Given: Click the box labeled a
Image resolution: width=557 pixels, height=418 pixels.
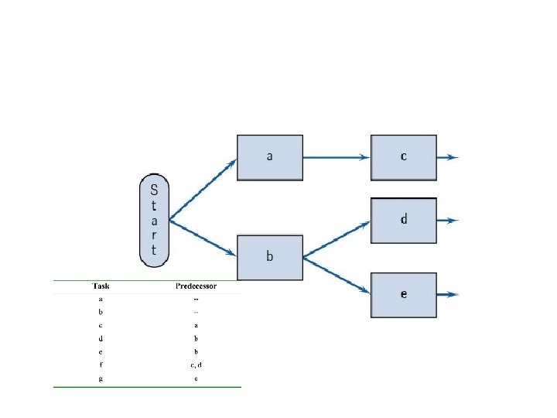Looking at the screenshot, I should tap(269, 157).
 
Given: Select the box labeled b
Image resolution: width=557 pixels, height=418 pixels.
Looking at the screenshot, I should tap(269, 257).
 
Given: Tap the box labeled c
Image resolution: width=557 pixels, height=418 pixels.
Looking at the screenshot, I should tap(404, 157).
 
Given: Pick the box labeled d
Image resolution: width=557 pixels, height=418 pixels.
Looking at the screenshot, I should tap(404, 220).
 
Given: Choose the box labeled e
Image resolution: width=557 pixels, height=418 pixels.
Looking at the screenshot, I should tap(404, 294).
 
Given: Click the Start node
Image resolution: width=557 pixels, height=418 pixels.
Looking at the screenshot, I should tap(154, 220).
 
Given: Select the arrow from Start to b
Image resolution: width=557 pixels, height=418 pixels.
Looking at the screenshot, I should tap(203, 238).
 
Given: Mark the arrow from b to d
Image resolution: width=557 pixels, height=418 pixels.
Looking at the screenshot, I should tap(336, 238).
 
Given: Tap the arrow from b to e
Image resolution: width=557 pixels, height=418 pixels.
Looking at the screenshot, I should tap(336, 275).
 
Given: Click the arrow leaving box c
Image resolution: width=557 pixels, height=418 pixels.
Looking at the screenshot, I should tap(448, 157).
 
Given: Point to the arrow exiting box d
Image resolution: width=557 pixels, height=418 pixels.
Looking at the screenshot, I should tap(448, 220).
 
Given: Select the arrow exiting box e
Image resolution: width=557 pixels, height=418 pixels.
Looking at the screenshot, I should tap(448, 294).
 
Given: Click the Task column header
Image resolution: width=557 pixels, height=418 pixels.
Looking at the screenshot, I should tap(101, 286).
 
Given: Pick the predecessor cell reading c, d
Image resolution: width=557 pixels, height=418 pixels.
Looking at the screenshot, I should tap(196, 365).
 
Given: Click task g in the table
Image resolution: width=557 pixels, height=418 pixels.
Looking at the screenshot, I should tap(101, 379).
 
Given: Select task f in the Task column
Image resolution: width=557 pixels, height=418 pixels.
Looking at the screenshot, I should tap(101, 365).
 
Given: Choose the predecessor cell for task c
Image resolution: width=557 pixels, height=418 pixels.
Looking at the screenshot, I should tap(196, 325).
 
